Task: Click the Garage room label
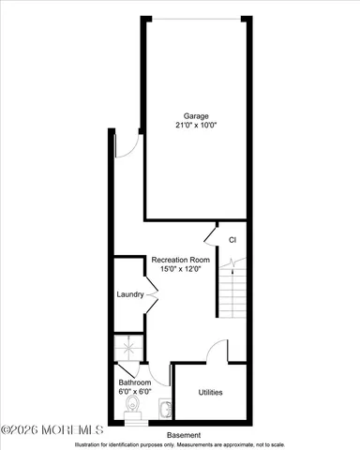[x=197, y=116]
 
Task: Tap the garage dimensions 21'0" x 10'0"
[x=197, y=126]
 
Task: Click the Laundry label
[x=129, y=294]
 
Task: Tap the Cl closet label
[x=231, y=240]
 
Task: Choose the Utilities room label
[x=211, y=392]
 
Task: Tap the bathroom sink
[x=166, y=409]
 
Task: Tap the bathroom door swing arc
[x=159, y=375]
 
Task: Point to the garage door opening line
[x=198, y=18]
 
